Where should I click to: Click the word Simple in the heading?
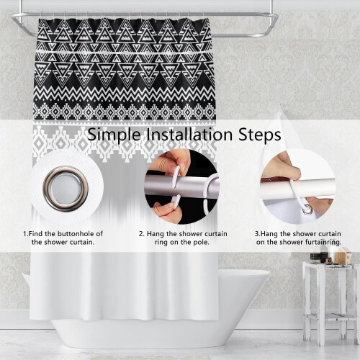click(x=114, y=135)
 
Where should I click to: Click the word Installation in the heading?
click(x=189, y=135)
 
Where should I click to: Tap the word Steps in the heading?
click(x=259, y=135)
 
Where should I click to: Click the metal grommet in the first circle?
click(x=66, y=189)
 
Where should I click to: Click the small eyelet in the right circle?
click(x=307, y=209)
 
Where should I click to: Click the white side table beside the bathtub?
click(x=330, y=303)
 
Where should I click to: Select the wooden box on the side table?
click(x=343, y=256)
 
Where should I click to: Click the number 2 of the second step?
click(x=141, y=234)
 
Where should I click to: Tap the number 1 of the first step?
click(x=25, y=233)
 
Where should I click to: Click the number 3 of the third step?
click(x=257, y=234)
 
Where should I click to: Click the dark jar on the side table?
click(x=315, y=258)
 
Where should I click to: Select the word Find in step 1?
click(x=36, y=233)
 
